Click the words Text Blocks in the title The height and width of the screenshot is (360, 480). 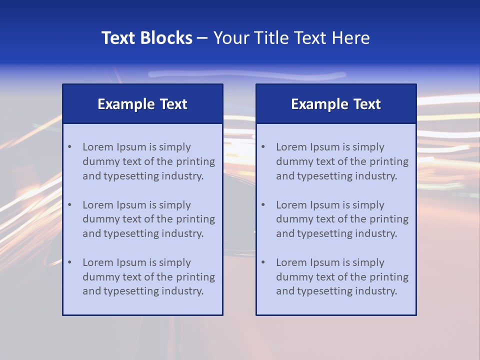[x=146, y=38]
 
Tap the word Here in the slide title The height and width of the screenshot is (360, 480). [x=351, y=38]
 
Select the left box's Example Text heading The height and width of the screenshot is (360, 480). [x=142, y=104]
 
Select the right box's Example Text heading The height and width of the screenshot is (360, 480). [x=336, y=104]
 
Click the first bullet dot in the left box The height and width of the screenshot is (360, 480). [x=69, y=147]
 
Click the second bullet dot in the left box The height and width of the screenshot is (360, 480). [x=69, y=205]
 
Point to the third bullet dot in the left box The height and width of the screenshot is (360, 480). [x=69, y=262]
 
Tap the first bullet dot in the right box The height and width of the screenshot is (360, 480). [x=263, y=147]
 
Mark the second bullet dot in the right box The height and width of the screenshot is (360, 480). [x=263, y=205]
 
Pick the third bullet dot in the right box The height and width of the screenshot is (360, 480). [x=263, y=262]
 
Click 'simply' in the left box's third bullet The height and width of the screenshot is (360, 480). [x=175, y=262]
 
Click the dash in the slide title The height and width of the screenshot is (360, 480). [x=203, y=38]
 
